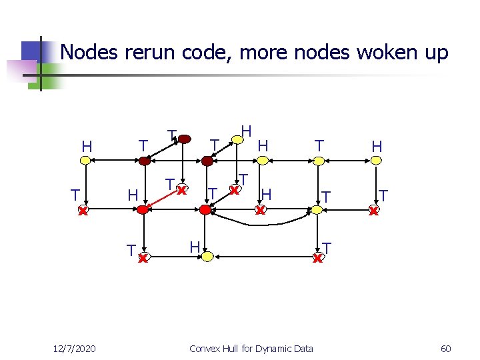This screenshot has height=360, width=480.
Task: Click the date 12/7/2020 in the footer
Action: coord(75,348)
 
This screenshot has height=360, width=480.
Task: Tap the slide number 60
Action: coord(445,348)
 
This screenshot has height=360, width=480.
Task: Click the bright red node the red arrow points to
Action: coord(142,209)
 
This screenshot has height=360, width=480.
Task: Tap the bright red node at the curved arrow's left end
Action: coord(205,209)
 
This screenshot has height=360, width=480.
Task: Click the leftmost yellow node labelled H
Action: coord(85,160)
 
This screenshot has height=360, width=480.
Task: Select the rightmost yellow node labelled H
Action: coord(377,160)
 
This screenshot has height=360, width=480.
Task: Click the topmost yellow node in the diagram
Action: coord(235,139)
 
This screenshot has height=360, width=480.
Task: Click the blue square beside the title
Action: coord(31,51)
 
